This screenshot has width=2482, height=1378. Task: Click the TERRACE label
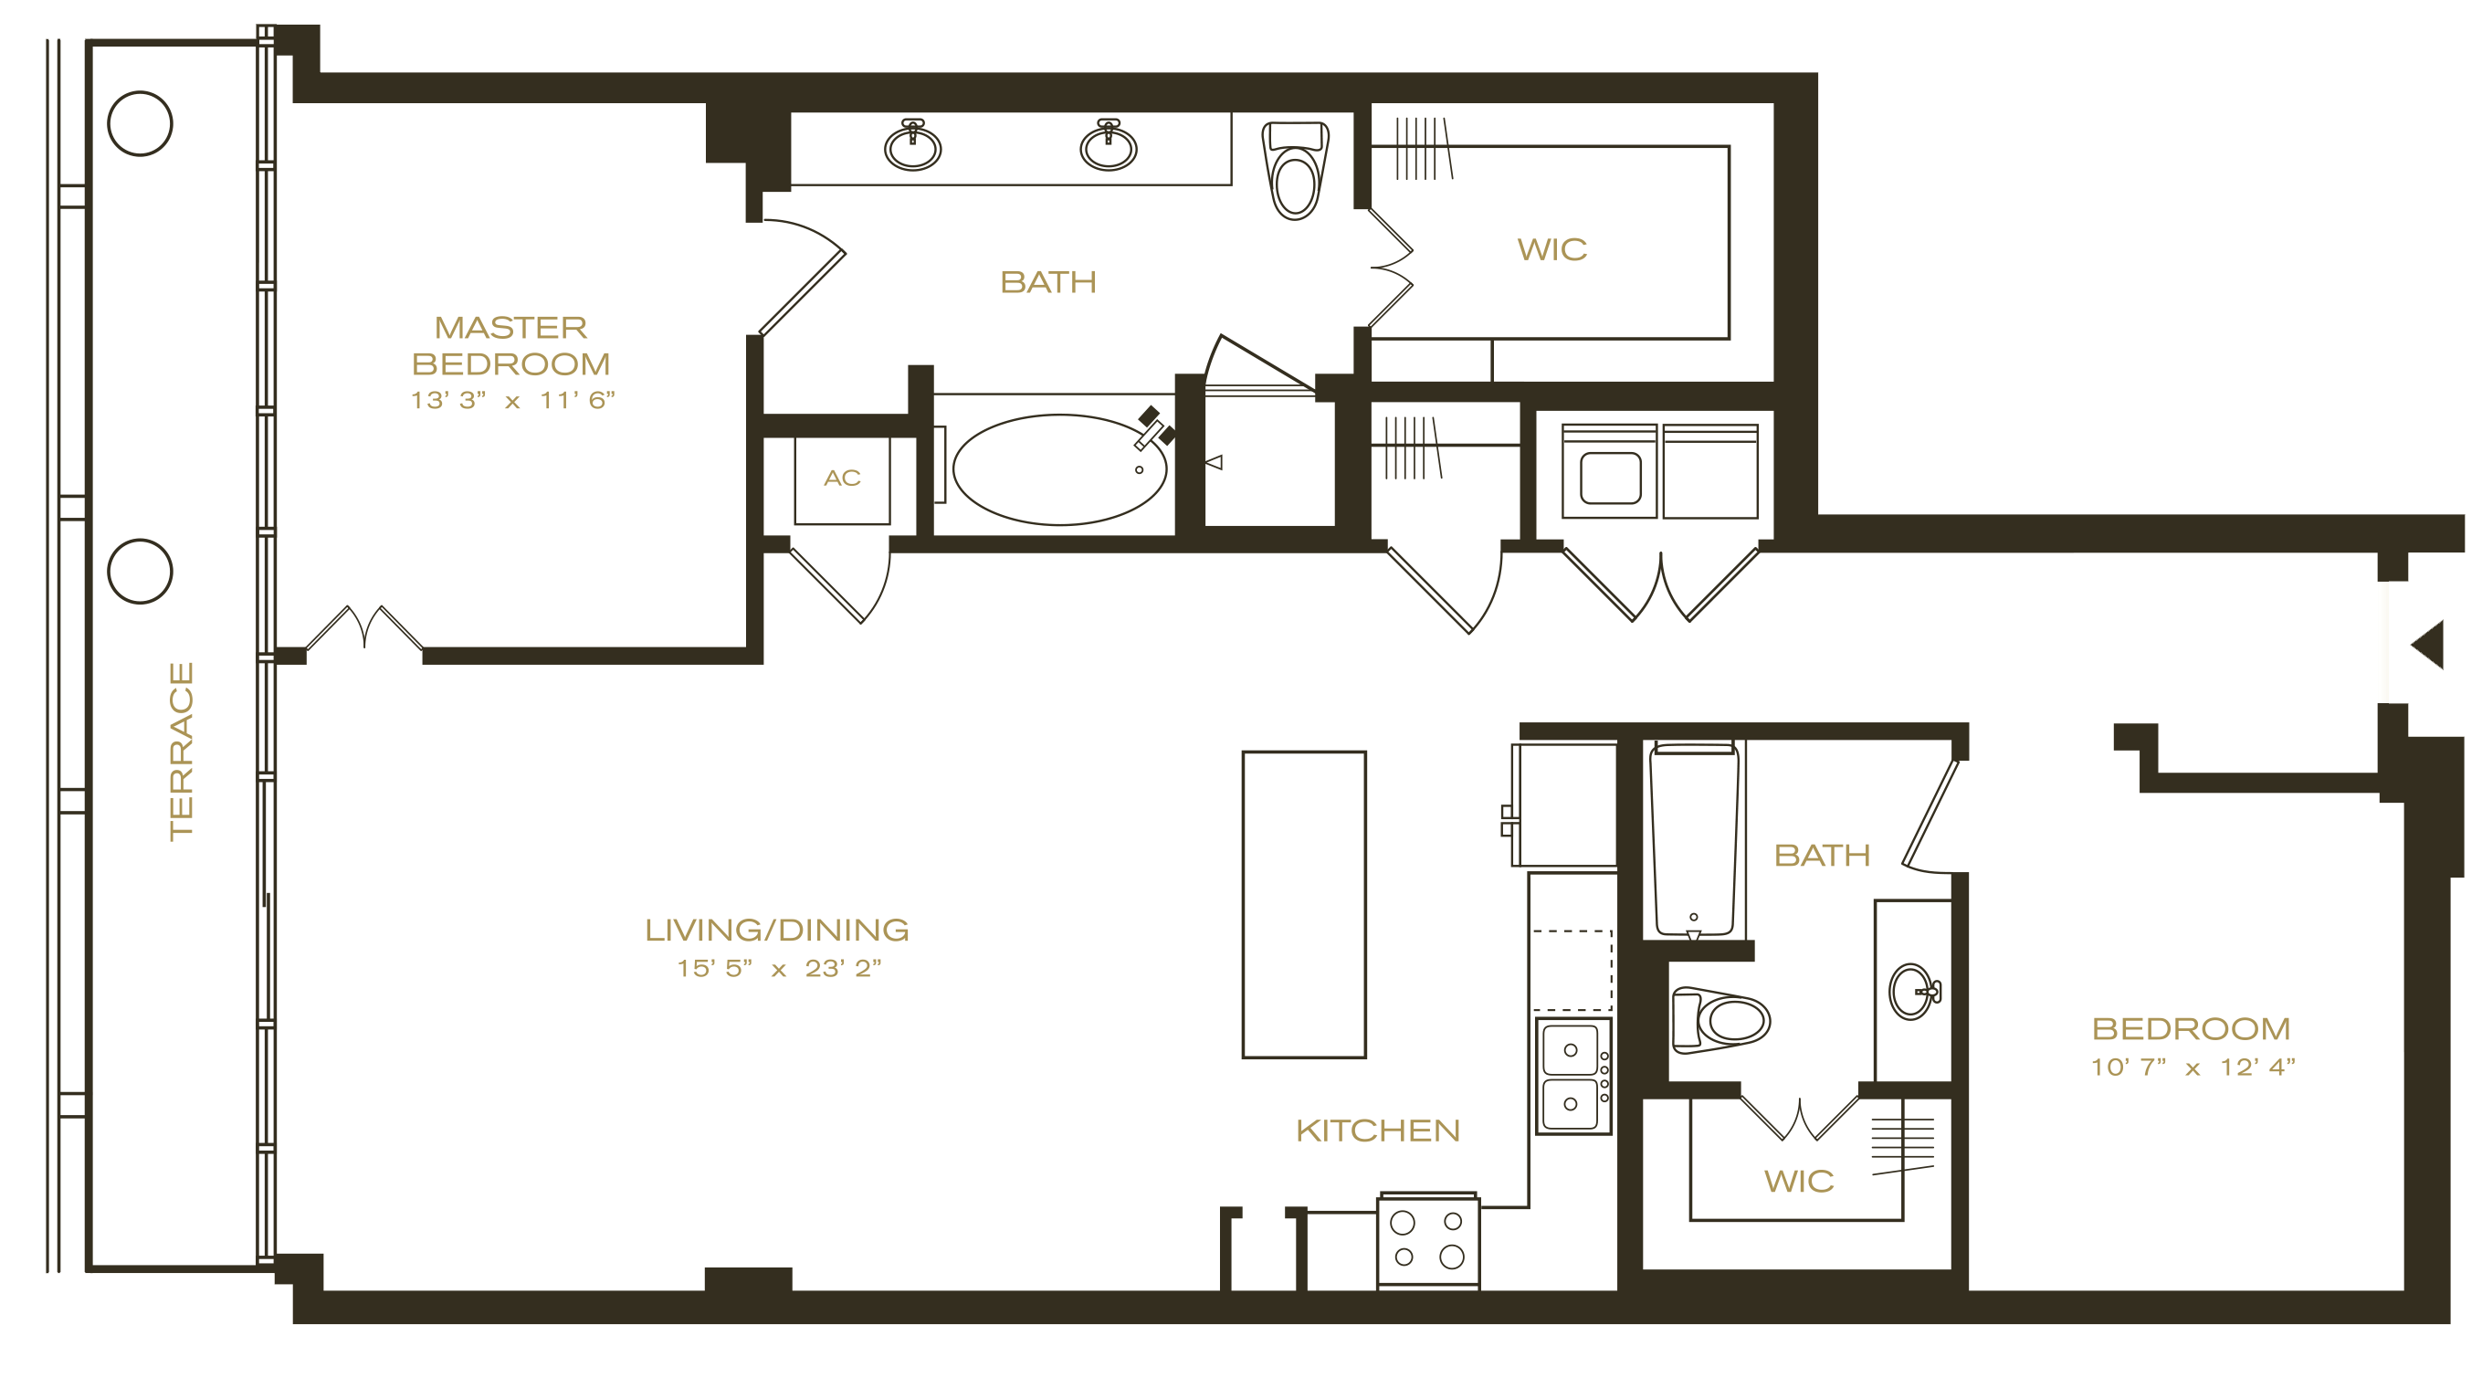point(181,751)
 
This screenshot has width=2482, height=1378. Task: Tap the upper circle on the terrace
point(140,123)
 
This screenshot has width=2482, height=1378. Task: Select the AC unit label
point(842,478)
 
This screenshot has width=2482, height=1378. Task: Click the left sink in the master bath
point(912,145)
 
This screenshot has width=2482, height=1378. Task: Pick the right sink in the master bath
point(1108,145)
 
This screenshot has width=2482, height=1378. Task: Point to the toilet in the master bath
point(1295,170)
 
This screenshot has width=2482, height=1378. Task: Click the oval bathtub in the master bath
point(1060,469)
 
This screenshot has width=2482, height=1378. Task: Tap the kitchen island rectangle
point(1304,904)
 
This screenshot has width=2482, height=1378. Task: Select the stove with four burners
point(1428,1239)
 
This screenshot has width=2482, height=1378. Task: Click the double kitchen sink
point(1572,1076)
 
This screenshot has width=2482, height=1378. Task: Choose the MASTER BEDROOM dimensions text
point(512,400)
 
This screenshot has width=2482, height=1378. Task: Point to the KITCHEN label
point(1378,1131)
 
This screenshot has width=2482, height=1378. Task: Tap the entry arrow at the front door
point(2428,645)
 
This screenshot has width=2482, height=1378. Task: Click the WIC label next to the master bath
point(1552,249)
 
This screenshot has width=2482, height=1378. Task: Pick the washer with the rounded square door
point(1610,471)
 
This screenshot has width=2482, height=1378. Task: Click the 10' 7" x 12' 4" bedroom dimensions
point(2193,1067)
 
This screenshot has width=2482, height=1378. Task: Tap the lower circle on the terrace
point(140,572)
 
